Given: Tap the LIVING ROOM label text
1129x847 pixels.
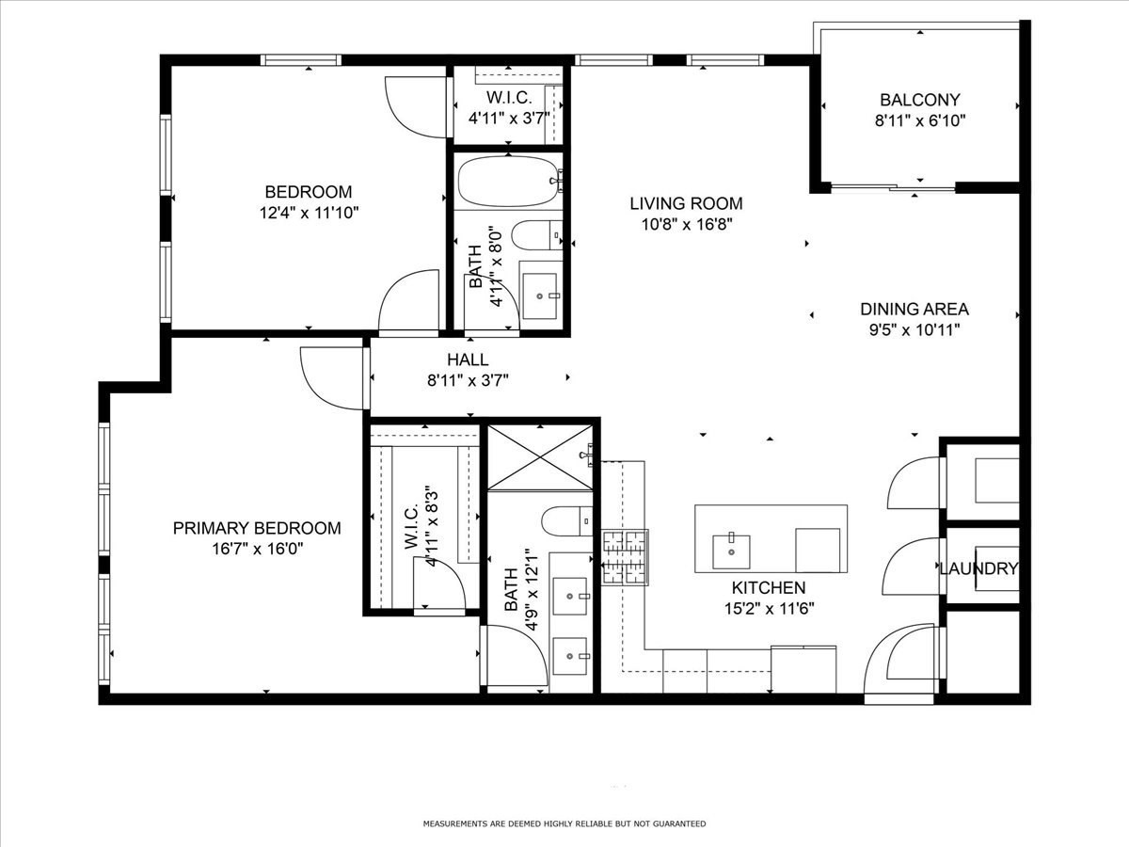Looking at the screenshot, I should pos(686,203).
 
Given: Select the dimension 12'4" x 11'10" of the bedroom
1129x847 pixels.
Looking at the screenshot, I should pos(308,213).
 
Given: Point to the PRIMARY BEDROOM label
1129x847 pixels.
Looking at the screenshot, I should pos(257,529).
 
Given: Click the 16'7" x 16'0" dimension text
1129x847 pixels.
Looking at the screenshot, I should pos(257,550).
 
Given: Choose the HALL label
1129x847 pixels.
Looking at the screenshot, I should pos(468,360).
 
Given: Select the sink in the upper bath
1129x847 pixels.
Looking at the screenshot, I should pos(539,288).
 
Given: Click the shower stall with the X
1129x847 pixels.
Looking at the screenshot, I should pos(539,457).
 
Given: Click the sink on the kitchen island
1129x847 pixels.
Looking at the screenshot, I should pos(731,551).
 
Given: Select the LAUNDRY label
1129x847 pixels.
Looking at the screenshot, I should pos(978,568).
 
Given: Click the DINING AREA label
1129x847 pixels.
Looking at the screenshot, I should pos(914,309).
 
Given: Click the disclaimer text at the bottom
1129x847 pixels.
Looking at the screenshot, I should pos(564,823).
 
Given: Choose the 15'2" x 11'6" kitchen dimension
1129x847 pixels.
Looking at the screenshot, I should pos(769,609).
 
